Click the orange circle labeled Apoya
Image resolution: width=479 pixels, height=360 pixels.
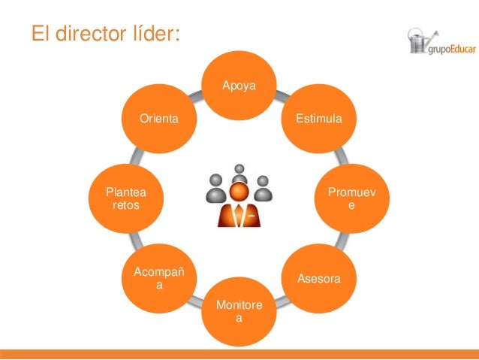pos(239,84)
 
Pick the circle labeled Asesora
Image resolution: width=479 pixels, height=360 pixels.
pos(319,279)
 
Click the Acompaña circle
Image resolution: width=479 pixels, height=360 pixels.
pos(158,279)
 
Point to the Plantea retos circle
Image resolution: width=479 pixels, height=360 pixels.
pos(125,199)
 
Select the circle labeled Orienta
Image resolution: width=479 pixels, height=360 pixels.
pos(158,119)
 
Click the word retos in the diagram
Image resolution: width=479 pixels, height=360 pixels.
pos(125,205)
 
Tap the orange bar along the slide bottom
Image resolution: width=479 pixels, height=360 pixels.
pos(239,354)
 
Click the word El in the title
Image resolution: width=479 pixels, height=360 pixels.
pos(40,35)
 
